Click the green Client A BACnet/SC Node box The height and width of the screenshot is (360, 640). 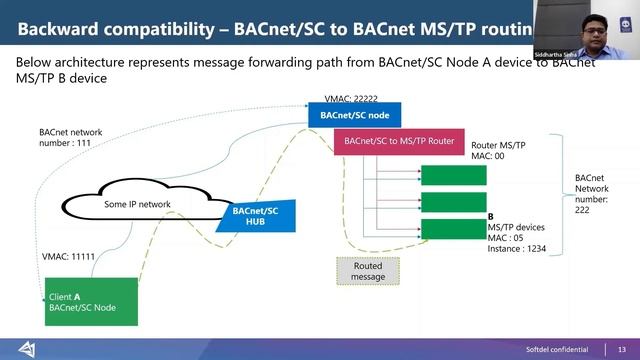90,301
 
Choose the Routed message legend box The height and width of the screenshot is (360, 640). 366,270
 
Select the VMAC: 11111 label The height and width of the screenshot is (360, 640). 68,257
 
